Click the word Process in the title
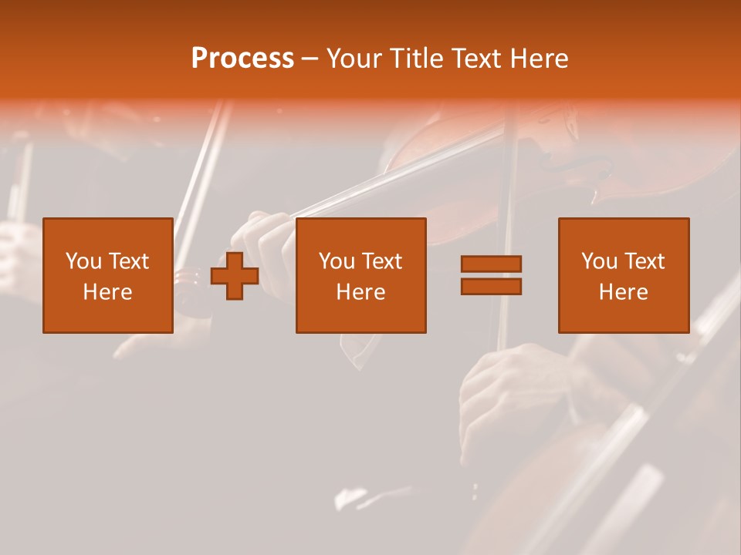tap(242, 59)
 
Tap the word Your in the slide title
tap(354, 59)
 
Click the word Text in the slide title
tap(478, 59)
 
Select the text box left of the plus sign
tap(108, 275)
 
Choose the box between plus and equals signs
tap(360, 275)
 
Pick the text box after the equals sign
tap(623, 275)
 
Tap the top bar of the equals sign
tap(491, 264)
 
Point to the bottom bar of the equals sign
tap(491, 286)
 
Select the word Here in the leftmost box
tap(108, 292)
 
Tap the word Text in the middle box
tap(382, 261)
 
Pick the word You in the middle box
tap(337, 261)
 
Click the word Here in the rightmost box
tap(623, 292)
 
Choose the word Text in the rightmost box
tap(645, 261)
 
